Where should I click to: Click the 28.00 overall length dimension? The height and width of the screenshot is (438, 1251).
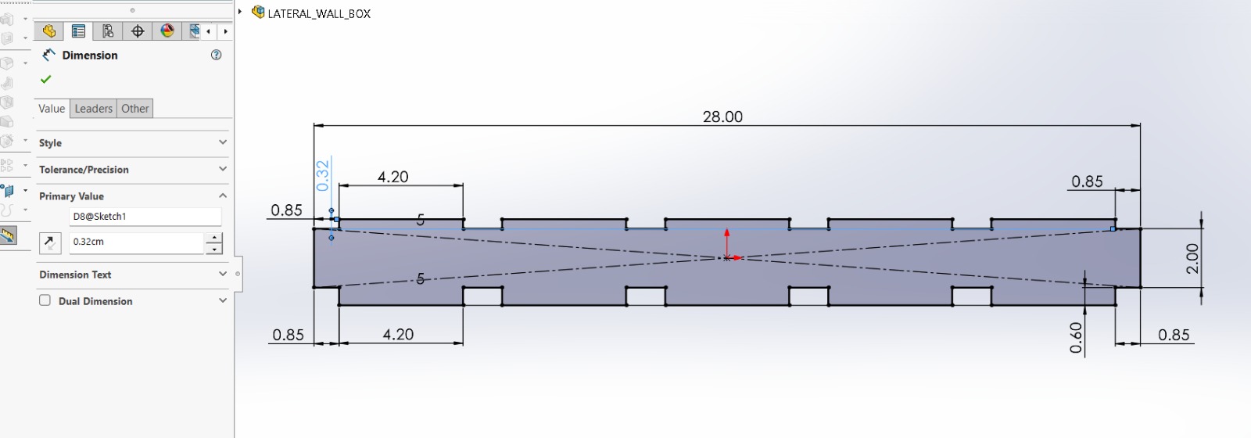(x=722, y=117)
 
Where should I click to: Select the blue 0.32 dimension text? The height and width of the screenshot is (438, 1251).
(x=322, y=175)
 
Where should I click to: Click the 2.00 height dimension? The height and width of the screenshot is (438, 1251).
(x=1192, y=259)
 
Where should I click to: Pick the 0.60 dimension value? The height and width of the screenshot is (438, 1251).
(x=1076, y=338)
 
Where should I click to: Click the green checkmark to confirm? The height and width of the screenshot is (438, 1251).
(x=46, y=79)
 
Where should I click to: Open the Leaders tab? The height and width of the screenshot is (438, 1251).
(x=93, y=109)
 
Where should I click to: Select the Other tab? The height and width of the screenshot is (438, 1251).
(x=135, y=109)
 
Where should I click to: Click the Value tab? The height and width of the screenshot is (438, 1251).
(x=52, y=109)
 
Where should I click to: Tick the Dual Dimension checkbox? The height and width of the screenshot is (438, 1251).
(x=45, y=300)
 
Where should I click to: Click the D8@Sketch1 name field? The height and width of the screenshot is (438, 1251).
(x=145, y=216)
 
